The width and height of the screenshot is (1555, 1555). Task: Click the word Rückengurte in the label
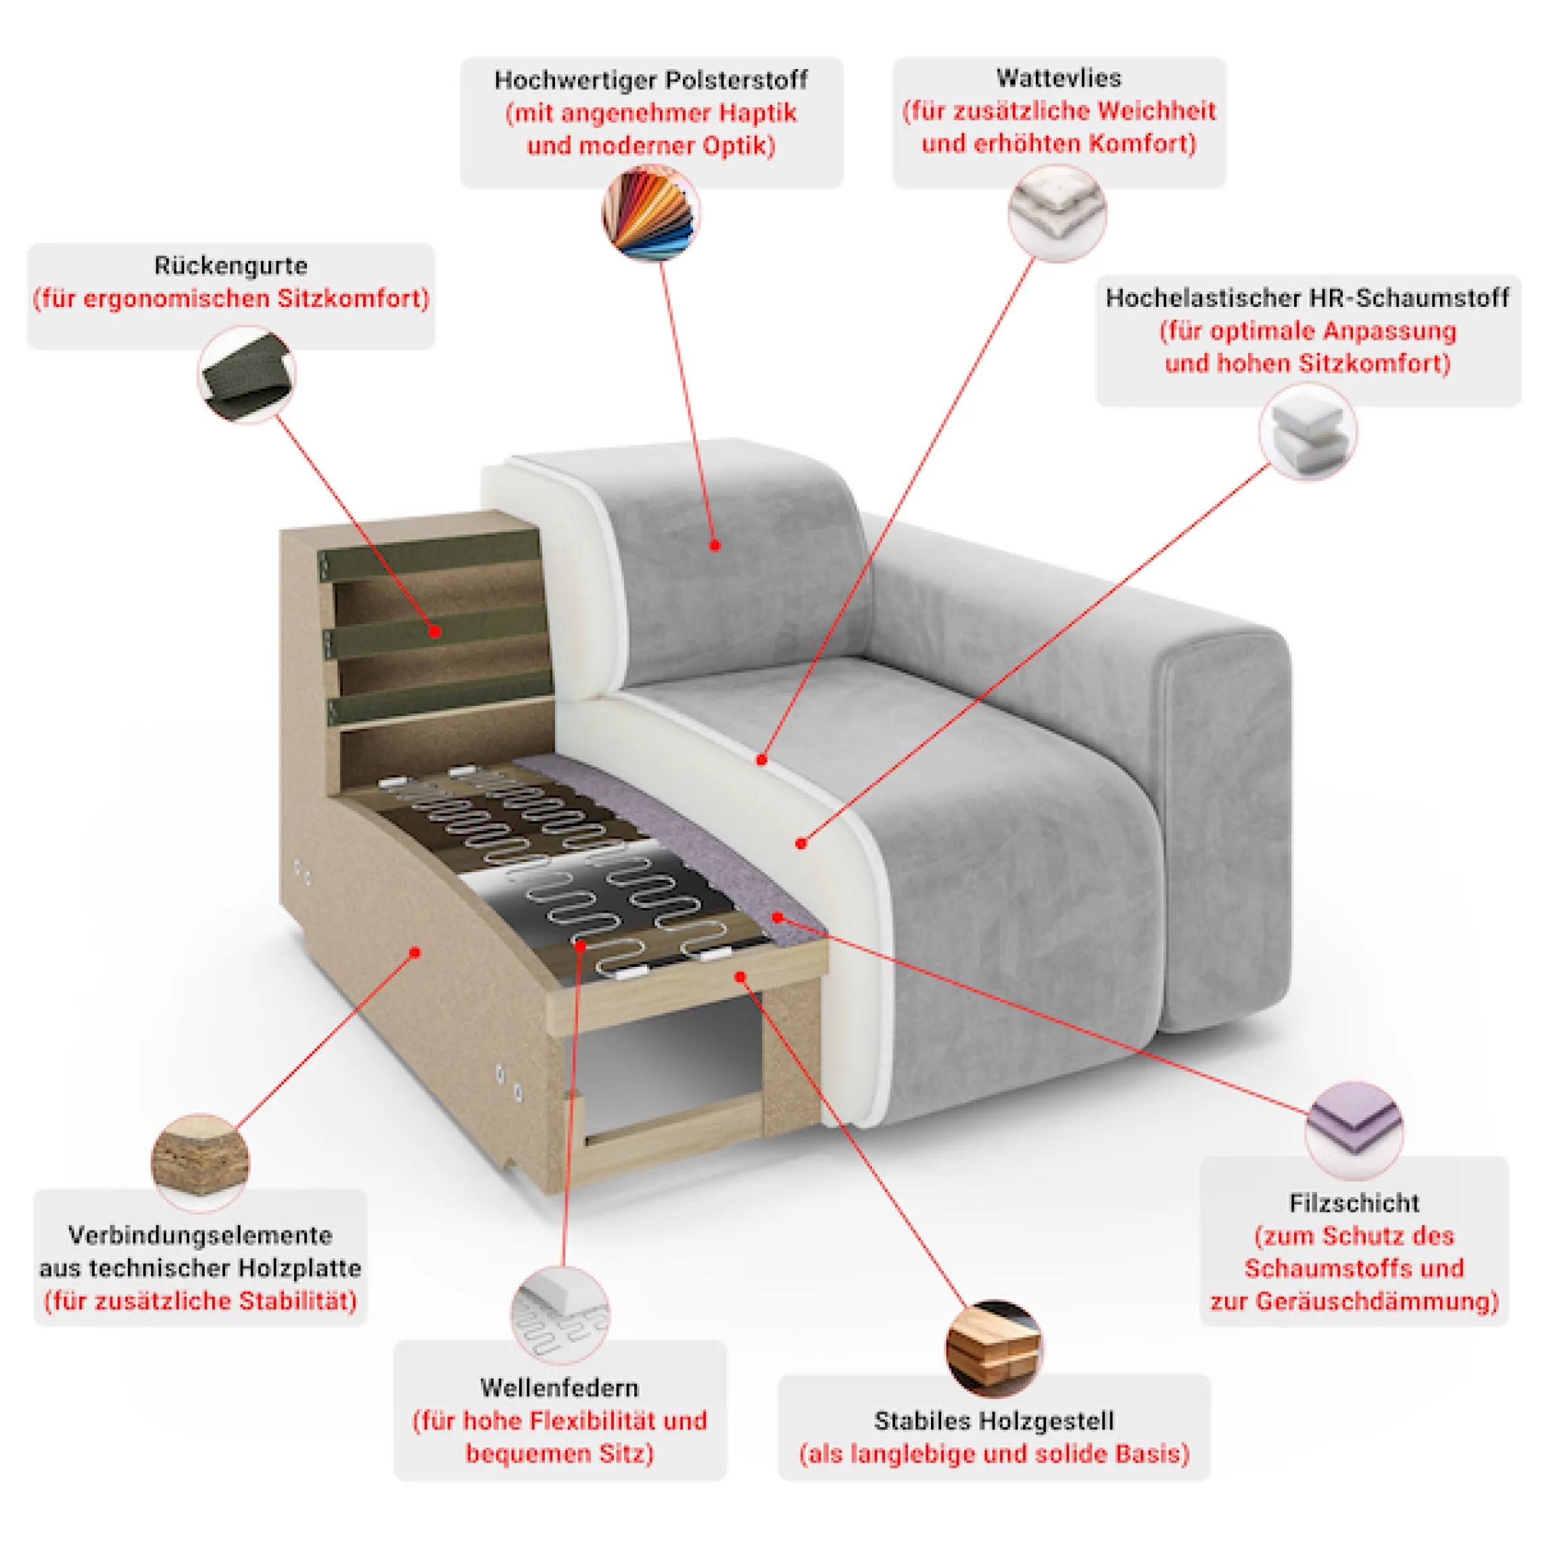[231, 266]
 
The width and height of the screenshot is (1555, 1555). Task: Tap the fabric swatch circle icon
[651, 213]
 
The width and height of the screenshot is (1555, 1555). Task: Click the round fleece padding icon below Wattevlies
[1057, 213]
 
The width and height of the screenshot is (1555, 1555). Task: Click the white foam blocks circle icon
[1308, 432]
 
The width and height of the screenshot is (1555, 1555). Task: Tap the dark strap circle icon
[247, 375]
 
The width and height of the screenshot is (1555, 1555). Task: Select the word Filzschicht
[1355, 1203]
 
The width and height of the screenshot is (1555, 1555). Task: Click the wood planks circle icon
[994, 1349]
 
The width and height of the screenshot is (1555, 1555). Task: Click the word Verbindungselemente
[200, 1235]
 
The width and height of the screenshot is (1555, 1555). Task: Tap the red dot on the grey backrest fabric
[715, 546]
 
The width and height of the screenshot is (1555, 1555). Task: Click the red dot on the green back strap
[435, 632]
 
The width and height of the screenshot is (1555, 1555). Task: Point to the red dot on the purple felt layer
[777, 917]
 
